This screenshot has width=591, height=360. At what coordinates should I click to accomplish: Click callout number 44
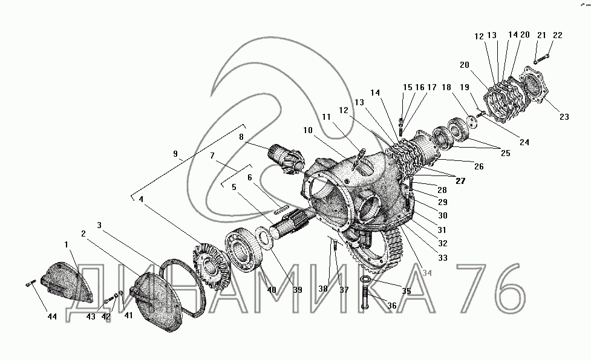52,316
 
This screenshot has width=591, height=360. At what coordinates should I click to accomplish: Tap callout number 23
564,117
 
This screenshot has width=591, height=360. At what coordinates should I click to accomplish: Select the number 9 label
175,154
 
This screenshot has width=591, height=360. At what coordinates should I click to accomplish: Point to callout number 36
392,306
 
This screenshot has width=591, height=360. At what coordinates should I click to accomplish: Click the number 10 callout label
308,130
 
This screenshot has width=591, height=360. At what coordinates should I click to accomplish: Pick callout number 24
524,142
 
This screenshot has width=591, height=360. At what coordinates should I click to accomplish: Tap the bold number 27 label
460,181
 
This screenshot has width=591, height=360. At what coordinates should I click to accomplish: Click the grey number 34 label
427,273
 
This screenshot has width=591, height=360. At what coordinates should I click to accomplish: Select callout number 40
272,290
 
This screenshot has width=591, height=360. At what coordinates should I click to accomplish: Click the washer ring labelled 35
365,279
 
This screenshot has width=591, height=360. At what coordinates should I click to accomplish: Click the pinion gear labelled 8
286,158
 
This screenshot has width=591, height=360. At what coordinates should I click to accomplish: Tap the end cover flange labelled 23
534,85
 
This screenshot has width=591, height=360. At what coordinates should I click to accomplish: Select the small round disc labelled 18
471,120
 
